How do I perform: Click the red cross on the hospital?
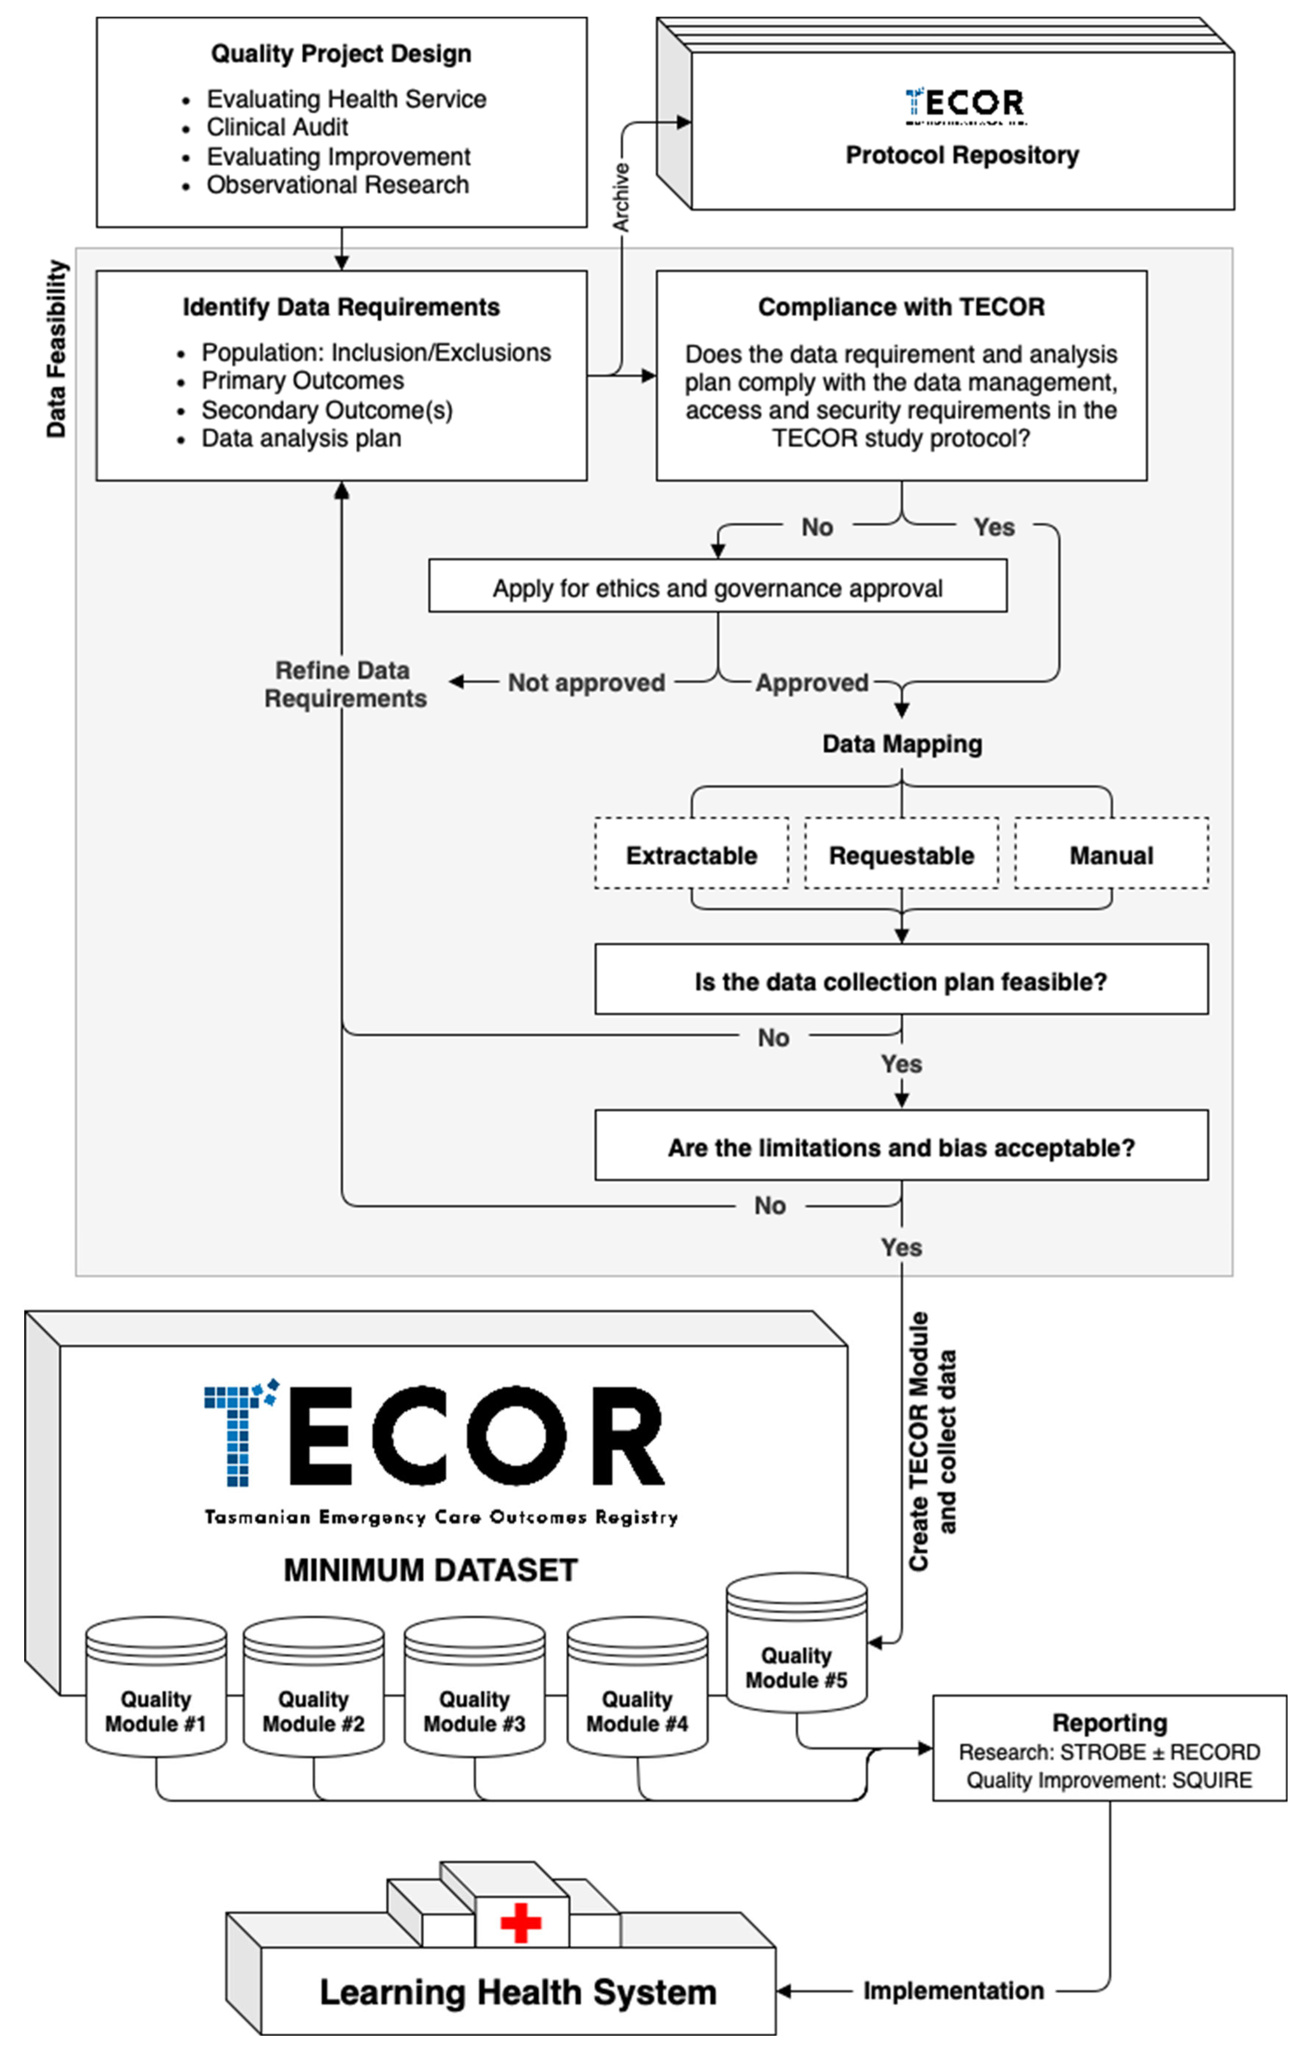(521, 1922)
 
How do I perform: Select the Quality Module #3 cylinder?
(474, 1688)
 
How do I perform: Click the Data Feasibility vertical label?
(56, 348)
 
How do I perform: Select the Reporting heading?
(1110, 1722)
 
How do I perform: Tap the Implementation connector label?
(954, 1990)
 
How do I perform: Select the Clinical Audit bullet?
(277, 127)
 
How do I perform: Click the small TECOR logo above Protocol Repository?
(965, 105)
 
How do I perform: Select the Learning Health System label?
(518, 1992)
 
